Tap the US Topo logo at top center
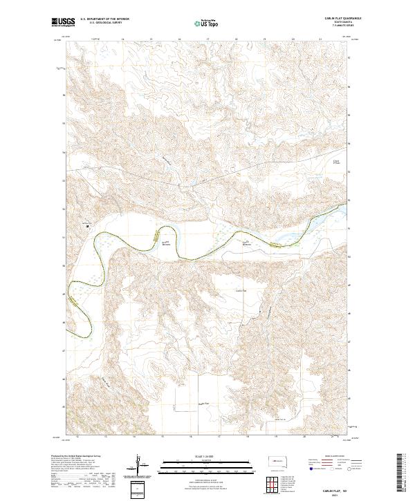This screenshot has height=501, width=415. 200,23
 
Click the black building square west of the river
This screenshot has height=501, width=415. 87,225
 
